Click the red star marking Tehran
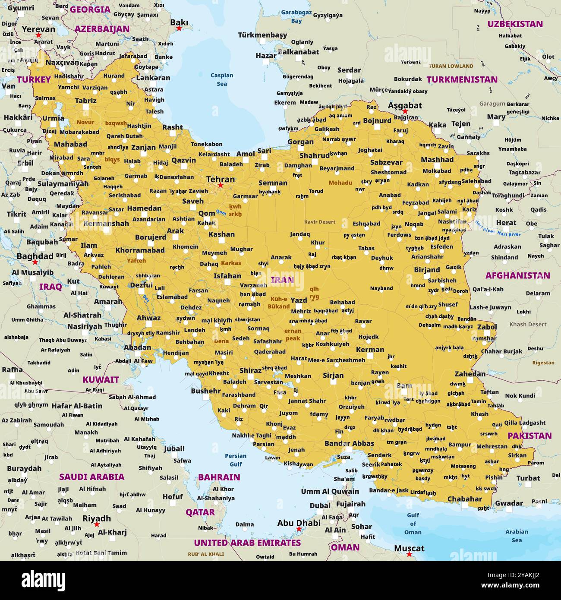(221, 185)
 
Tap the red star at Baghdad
(35, 262)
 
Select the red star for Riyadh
(97, 524)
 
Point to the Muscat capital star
(409, 554)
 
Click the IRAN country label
(282, 280)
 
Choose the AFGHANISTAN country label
(517, 275)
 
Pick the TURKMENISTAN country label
(462, 79)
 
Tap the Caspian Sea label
(222, 79)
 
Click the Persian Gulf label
(236, 460)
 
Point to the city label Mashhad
(437, 159)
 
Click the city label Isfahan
(227, 276)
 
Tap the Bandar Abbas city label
(349, 443)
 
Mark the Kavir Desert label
(320, 222)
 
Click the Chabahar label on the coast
(464, 499)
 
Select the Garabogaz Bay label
(296, 16)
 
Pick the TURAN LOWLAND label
(451, 66)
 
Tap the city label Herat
(506, 223)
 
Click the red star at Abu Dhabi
(298, 529)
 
